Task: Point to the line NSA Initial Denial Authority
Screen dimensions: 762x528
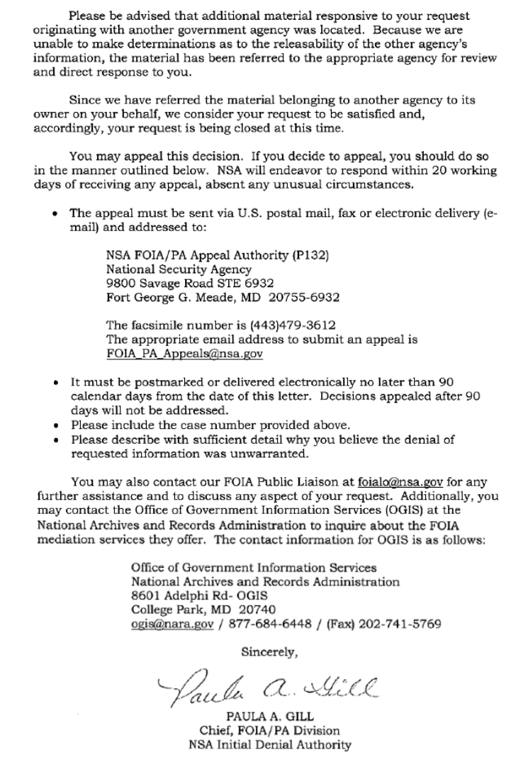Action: [x=264, y=744]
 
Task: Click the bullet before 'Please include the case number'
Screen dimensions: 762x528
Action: [x=57, y=425]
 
